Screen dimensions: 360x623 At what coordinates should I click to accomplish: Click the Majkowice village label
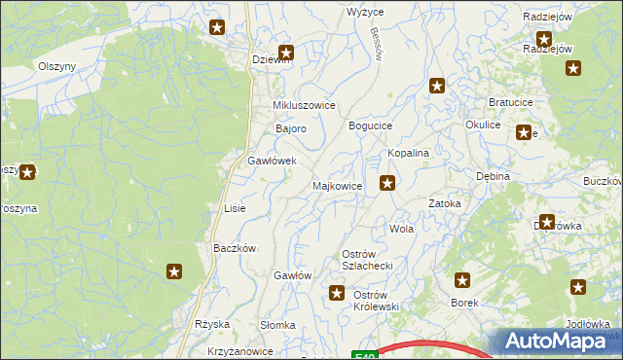[x=337, y=185]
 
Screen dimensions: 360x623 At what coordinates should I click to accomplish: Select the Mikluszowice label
[x=304, y=105]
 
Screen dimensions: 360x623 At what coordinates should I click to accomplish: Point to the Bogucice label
[x=370, y=126]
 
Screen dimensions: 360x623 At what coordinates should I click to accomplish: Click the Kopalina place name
[x=409, y=154]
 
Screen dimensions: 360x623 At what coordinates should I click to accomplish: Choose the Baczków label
[x=234, y=248]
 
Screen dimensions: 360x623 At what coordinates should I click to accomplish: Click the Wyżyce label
[x=365, y=12]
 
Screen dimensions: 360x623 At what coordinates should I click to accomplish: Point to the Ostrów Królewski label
[x=376, y=300]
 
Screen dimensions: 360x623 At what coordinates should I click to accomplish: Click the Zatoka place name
[x=444, y=204]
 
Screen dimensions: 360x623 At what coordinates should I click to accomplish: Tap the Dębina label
[x=494, y=177]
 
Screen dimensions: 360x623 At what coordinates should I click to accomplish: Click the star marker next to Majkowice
[x=387, y=182]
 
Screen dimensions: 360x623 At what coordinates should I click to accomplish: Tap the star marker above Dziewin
[x=285, y=54]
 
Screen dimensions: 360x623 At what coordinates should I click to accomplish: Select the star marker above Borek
[x=462, y=281]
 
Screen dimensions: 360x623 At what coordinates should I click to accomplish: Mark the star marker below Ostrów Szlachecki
[x=337, y=292]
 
